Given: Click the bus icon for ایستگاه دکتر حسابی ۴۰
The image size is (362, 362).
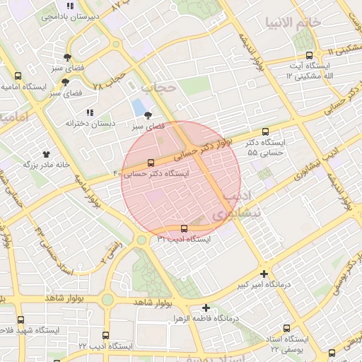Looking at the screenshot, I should coord(149,163).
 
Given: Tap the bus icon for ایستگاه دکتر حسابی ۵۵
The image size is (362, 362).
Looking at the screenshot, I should coord(265,132).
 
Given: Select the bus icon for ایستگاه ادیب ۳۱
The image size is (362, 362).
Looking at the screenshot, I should coord(185,228).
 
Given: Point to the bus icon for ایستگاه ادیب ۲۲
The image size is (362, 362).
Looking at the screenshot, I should coord(106,335).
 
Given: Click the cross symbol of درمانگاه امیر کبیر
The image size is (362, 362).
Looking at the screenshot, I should coord(264,274).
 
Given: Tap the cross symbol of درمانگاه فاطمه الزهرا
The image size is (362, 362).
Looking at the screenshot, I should coord(206,308).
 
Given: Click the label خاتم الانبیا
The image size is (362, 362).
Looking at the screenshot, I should coord(293,22).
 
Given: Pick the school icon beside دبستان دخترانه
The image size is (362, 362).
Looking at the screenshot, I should coord(88,112).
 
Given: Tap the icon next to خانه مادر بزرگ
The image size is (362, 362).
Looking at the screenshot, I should coord(47,153).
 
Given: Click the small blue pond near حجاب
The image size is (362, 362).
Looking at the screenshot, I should coord(136,108).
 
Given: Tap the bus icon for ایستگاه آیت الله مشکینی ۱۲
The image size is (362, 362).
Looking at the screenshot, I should coord(308,56).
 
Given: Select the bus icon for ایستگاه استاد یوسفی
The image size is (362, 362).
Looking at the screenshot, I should coord(288,327).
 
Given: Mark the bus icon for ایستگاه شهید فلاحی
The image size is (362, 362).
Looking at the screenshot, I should coord(20,320).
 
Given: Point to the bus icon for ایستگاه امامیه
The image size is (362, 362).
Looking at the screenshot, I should coord(18,76).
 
